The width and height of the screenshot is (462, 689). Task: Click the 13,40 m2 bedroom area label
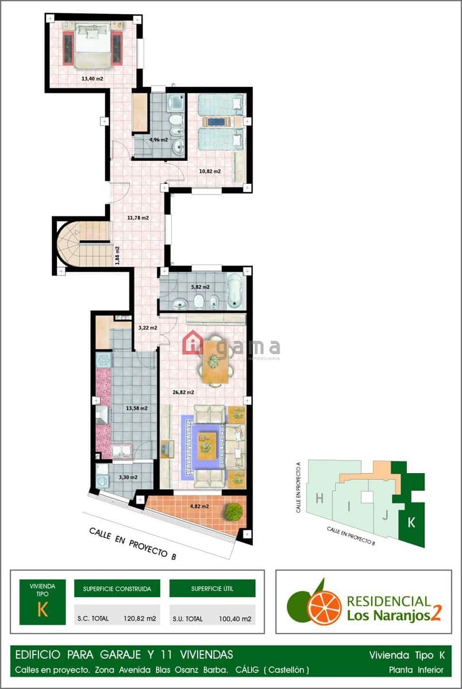point(92,79)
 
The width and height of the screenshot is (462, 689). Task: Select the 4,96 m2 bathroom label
point(159,140)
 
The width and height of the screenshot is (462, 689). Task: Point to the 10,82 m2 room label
point(210,171)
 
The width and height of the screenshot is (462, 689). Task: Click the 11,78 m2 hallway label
point(138,218)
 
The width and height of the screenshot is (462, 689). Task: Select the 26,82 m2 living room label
point(183,393)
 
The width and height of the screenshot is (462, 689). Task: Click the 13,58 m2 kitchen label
point(137,409)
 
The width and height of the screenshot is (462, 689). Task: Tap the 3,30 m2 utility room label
point(128,477)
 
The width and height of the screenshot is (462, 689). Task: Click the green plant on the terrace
point(233,512)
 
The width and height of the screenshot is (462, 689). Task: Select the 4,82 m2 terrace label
point(198,506)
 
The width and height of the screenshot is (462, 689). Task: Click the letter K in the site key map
point(411,522)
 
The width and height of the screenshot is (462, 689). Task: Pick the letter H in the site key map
point(319,499)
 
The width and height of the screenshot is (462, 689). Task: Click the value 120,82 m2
point(140,619)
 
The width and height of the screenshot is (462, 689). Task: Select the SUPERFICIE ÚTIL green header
point(212,589)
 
